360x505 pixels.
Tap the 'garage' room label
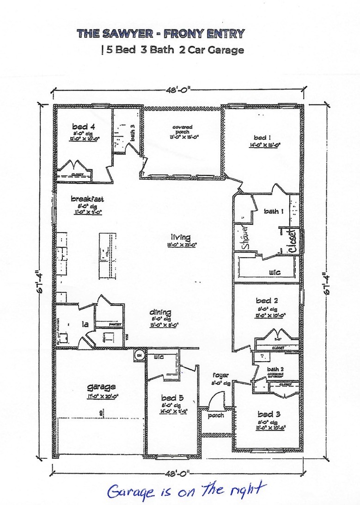tap(101, 387)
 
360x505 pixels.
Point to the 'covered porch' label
tap(183, 129)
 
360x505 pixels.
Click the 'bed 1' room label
tap(262, 137)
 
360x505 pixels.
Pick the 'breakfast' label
tap(87, 199)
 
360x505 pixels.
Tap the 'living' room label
tap(180, 237)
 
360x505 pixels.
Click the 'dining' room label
tap(160, 313)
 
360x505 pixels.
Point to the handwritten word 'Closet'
tap(292, 240)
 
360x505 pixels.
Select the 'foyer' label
tap(221, 375)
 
